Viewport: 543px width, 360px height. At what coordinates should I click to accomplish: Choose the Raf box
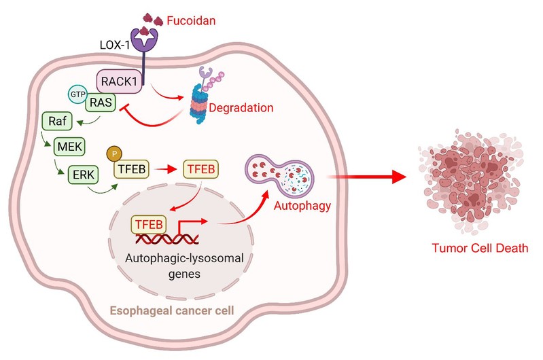(x=56, y=122)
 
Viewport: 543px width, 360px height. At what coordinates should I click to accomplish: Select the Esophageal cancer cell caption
(x=173, y=313)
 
